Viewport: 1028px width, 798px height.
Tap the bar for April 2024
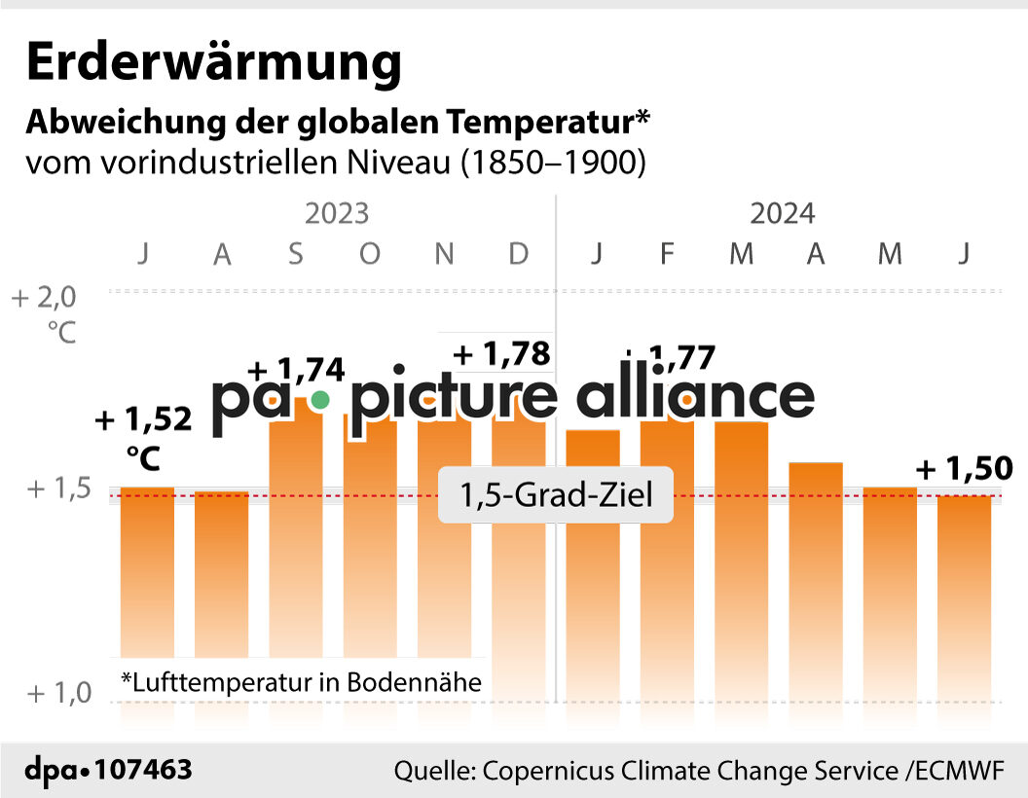pyautogui.click(x=816, y=574)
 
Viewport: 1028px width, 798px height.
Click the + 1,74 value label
pyautogui.click(x=297, y=371)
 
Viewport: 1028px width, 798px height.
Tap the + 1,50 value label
pyautogui.click(x=965, y=469)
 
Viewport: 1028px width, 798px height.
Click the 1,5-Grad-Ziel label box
pyautogui.click(x=557, y=496)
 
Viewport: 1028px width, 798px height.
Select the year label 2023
pyautogui.click(x=337, y=213)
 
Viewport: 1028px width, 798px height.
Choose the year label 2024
pyautogui.click(x=782, y=213)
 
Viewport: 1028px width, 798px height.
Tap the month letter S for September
pyautogui.click(x=296, y=254)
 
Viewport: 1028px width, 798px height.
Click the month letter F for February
pyautogui.click(x=667, y=254)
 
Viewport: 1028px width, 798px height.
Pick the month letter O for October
pyautogui.click(x=370, y=254)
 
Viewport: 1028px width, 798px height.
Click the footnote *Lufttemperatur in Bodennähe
pyautogui.click(x=301, y=682)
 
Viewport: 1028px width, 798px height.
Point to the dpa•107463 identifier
pyautogui.click(x=109, y=771)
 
